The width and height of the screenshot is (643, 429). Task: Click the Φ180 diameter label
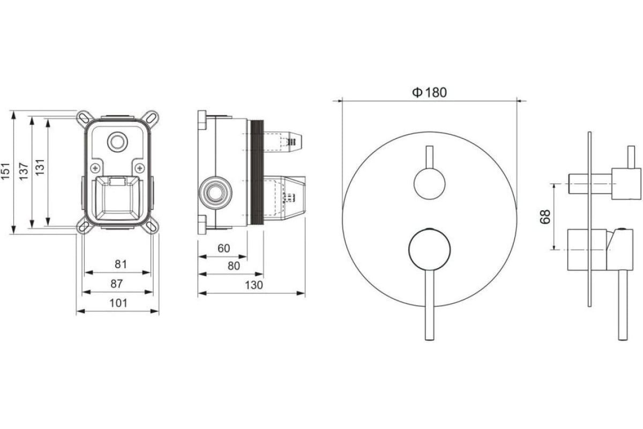click(429, 93)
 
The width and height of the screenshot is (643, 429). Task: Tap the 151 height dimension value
click(6, 171)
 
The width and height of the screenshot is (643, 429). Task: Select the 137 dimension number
click(24, 171)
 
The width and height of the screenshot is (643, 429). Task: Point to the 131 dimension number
click(40, 167)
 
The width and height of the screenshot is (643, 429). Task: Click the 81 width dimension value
click(121, 264)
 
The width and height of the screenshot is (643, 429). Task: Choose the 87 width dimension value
click(117, 284)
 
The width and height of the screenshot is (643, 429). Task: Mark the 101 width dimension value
click(118, 303)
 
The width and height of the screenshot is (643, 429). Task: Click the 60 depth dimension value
click(223, 248)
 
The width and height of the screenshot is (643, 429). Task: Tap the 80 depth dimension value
click(234, 266)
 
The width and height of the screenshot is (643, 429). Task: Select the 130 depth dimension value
click(254, 285)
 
